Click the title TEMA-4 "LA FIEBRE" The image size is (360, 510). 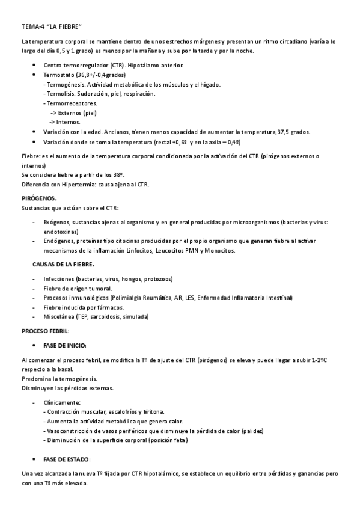point(51,27)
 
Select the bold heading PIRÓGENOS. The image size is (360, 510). point(39,197)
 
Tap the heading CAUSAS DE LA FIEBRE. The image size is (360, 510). point(63,264)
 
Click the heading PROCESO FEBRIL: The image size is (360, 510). point(45,331)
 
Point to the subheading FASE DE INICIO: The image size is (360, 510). point(65,345)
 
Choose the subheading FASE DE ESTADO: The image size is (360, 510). point(67,459)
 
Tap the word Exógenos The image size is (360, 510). point(58,222)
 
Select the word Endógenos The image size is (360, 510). point(59,241)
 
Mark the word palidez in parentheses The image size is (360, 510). point(251,431)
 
